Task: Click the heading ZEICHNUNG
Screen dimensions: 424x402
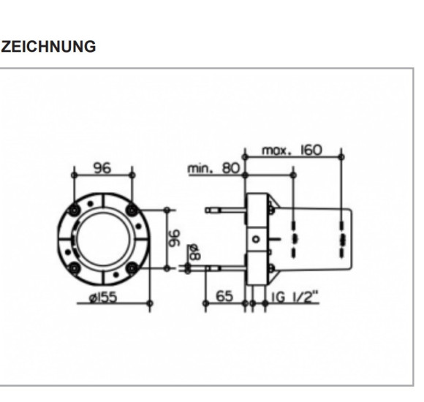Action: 48,47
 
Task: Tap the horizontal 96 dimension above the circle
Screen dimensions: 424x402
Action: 102,168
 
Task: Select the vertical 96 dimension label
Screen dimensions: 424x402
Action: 174,238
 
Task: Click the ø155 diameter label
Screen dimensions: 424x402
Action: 104,297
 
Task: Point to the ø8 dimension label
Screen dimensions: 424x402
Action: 194,252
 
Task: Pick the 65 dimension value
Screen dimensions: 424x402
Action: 224,296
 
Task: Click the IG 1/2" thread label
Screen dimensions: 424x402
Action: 295,297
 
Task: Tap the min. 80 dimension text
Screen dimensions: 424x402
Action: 213,168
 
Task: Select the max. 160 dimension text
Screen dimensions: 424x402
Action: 292,151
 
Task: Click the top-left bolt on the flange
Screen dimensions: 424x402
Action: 74,210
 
